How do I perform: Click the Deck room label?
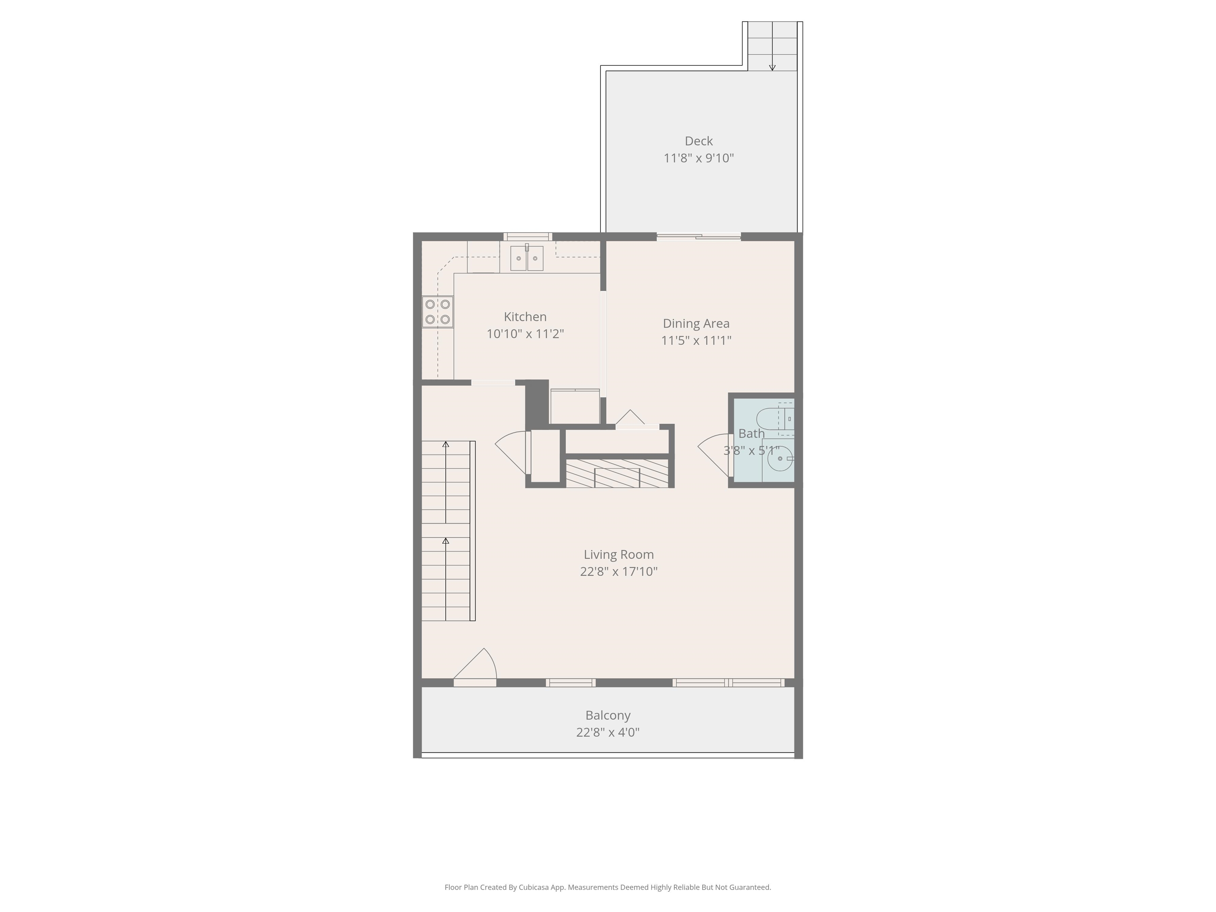tap(698, 141)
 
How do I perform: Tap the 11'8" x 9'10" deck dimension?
tap(698, 158)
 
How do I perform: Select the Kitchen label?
tap(525, 317)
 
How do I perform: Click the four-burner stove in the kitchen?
tap(437, 312)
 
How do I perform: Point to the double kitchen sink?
tap(526, 258)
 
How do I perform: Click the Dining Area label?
tap(696, 323)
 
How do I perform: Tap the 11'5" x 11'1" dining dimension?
tap(696, 340)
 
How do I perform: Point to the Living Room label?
tap(618, 554)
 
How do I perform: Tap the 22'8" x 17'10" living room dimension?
tap(618, 571)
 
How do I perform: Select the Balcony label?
tap(608, 715)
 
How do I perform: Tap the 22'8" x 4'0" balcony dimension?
tap(608, 732)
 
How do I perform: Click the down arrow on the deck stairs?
tap(772, 67)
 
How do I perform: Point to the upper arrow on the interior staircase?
tap(446, 444)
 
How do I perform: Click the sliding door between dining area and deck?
tap(699, 237)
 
